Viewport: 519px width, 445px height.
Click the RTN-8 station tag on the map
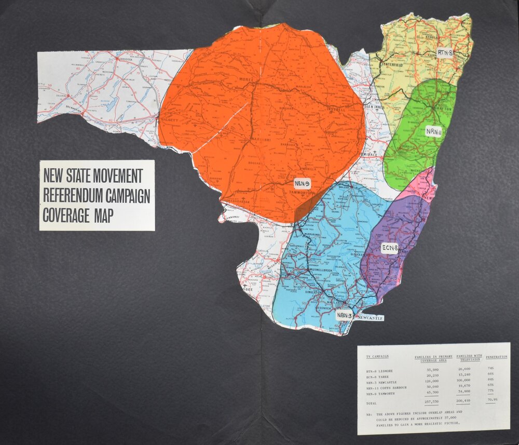(x=445, y=52)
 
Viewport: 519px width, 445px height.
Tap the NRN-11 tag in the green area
(x=433, y=131)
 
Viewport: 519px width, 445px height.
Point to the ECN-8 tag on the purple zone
(x=389, y=247)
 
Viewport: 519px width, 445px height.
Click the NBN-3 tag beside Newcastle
(x=344, y=315)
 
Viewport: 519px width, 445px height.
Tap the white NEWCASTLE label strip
(x=370, y=317)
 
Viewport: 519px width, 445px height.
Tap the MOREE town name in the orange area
(x=245, y=79)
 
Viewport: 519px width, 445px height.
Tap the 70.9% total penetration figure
(x=494, y=400)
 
